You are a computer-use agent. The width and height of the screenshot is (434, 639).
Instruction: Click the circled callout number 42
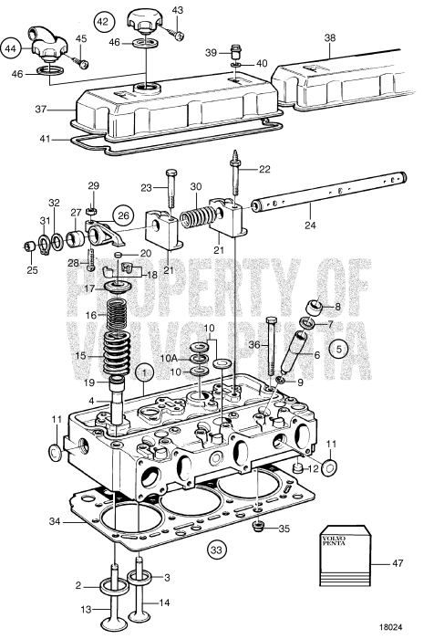pyautogui.click(x=104, y=20)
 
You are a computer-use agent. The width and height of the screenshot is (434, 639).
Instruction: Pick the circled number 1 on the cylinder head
pyautogui.click(x=142, y=372)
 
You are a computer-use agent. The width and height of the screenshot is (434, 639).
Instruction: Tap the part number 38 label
pyautogui.click(x=330, y=39)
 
